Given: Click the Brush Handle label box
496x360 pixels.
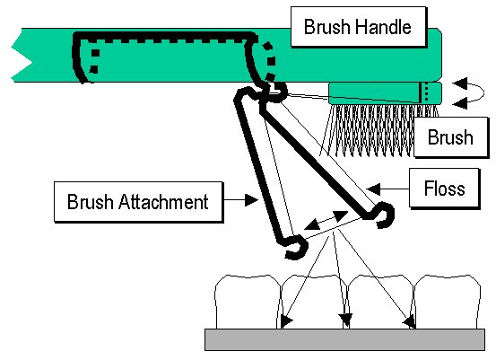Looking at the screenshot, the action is point(358,27).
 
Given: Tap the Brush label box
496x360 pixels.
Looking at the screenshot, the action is point(451,137).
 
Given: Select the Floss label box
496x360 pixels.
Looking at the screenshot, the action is point(444,189).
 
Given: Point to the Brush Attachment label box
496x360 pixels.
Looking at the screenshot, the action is point(138,202).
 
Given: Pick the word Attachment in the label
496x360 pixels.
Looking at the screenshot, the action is point(163,202).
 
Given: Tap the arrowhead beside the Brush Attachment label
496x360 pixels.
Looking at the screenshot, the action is point(252,200).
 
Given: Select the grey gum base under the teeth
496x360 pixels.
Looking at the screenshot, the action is point(344,339).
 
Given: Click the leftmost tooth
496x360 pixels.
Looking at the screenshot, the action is point(248,302).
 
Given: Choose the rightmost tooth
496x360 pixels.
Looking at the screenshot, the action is point(448,302).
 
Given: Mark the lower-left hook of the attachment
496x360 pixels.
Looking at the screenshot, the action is point(297,248).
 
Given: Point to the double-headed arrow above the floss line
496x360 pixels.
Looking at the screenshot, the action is point(326,220).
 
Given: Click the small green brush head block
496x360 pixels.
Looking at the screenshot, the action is point(385,92).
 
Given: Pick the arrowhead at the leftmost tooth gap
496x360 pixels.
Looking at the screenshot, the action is point(285,321).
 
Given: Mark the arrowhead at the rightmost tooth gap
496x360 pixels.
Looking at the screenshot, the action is point(410,322).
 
